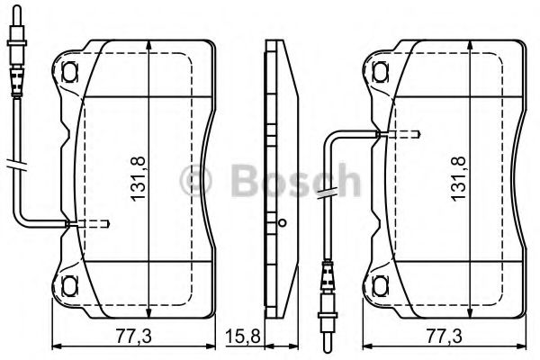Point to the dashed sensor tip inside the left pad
pos(95,223)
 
